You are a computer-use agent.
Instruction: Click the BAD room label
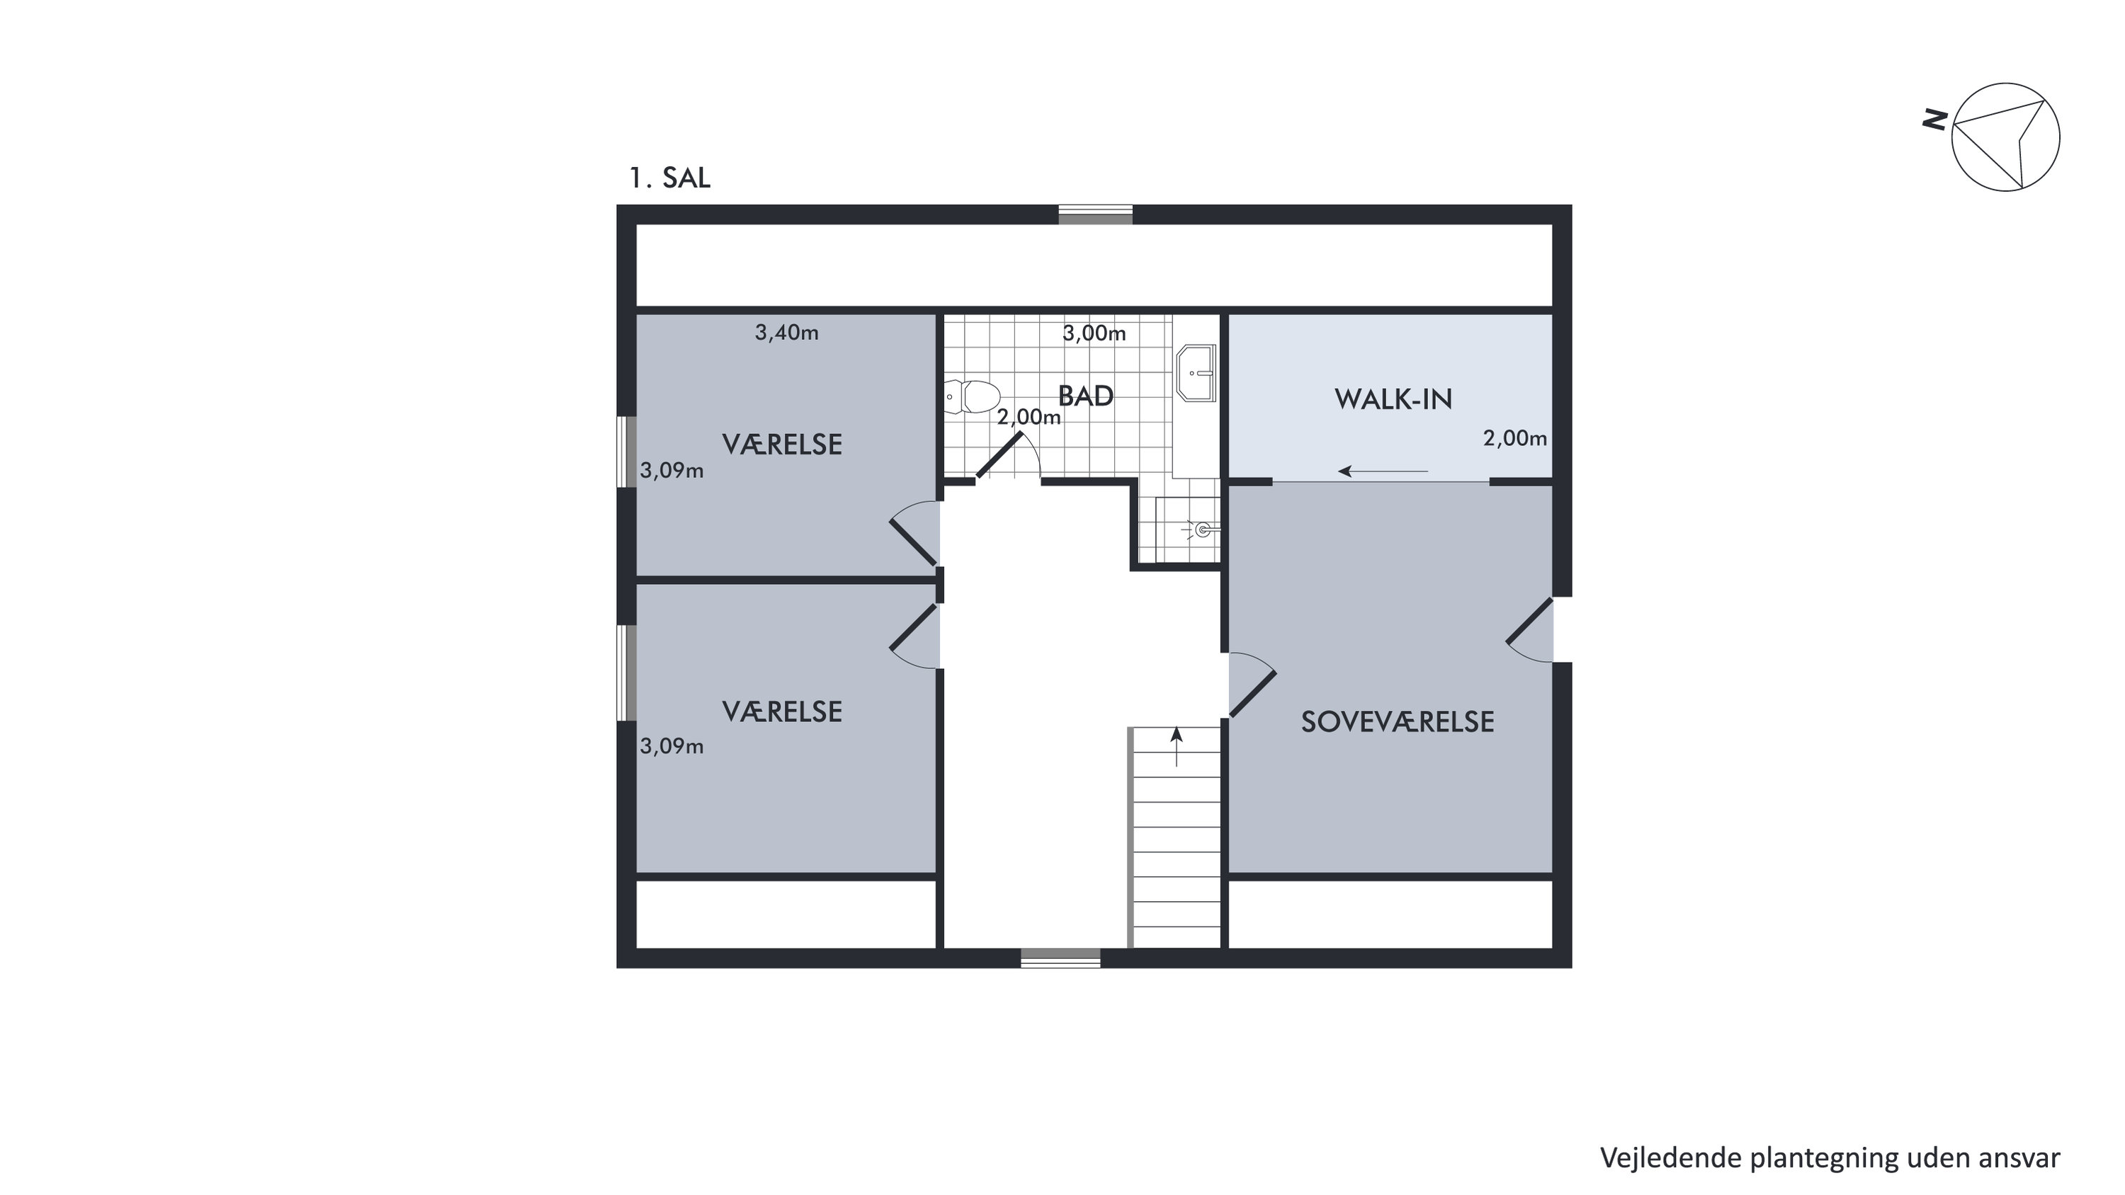point(1086,396)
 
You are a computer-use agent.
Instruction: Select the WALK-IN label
point(1393,399)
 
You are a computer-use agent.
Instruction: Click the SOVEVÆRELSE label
point(1398,721)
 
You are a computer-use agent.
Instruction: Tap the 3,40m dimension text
point(787,332)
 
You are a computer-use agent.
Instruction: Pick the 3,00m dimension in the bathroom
point(1094,333)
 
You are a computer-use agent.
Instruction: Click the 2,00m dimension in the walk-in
point(1515,439)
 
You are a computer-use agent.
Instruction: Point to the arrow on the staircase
point(1177,746)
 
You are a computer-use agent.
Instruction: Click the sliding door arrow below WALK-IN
point(1383,471)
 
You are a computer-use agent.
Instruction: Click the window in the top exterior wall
point(1096,215)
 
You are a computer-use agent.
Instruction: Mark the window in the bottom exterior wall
point(1061,959)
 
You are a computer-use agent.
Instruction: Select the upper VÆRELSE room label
point(782,445)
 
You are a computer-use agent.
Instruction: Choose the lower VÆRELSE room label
point(782,711)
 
